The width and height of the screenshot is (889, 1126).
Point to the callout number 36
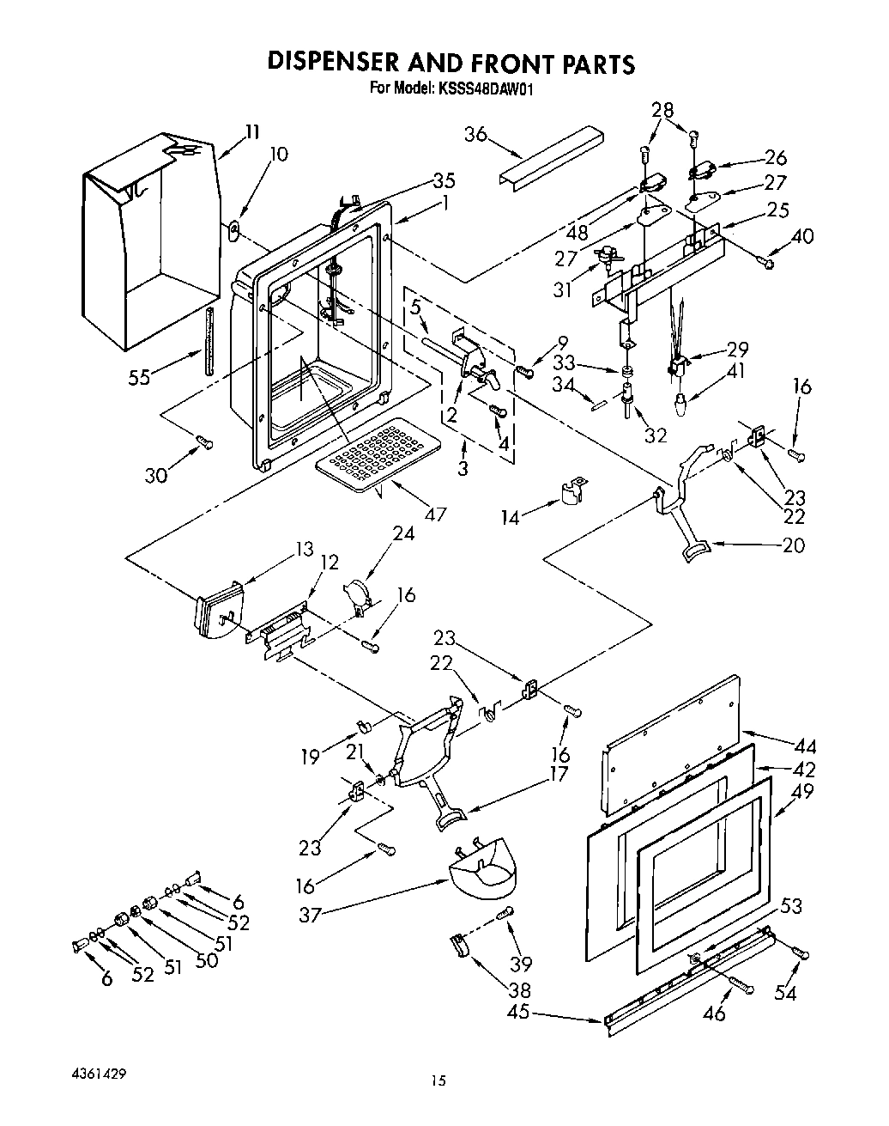click(x=476, y=134)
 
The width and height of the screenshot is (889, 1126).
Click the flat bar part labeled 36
click(x=549, y=155)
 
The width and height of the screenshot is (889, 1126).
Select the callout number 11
click(x=251, y=131)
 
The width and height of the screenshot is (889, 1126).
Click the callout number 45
click(x=518, y=1012)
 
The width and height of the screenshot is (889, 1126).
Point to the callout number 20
click(x=794, y=545)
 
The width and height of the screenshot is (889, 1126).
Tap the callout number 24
click(x=403, y=533)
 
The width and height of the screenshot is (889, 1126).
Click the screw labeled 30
click(x=204, y=442)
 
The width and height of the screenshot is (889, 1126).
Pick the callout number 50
click(x=206, y=959)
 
